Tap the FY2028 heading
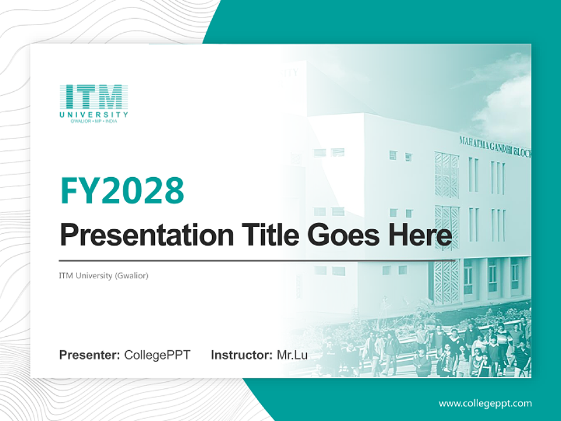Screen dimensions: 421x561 (x=122, y=191)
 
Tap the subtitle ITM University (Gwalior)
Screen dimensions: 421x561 (x=103, y=275)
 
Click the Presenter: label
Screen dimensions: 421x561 (x=90, y=355)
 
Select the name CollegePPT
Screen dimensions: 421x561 (x=157, y=355)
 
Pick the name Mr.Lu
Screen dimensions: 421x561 (x=292, y=355)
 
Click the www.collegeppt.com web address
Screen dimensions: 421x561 (x=485, y=403)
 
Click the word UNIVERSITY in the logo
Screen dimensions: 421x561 (x=93, y=114)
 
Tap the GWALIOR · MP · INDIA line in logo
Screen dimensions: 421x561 (x=93, y=121)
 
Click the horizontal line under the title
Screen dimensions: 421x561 (x=257, y=260)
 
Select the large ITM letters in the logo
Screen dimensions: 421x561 (x=93, y=96)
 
